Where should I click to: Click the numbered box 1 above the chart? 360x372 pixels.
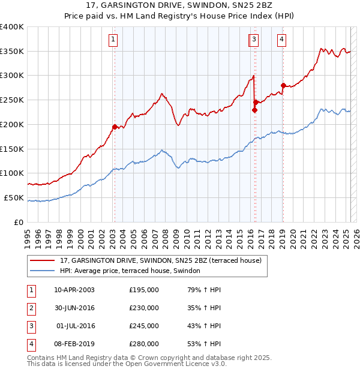click(x=113, y=40)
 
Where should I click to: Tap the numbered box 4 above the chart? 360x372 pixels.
click(x=281, y=40)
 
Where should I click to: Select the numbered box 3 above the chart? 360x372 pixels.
click(x=254, y=40)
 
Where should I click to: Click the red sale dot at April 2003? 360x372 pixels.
click(x=115, y=127)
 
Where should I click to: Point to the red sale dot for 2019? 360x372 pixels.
click(x=283, y=85)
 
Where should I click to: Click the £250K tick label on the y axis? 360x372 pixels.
click(x=12, y=100)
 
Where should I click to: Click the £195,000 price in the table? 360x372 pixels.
click(x=144, y=290)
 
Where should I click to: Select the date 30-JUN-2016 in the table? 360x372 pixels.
click(x=74, y=308)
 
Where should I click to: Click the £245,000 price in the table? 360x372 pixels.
click(x=144, y=326)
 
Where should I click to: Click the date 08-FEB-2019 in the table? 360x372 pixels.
click(x=74, y=344)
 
